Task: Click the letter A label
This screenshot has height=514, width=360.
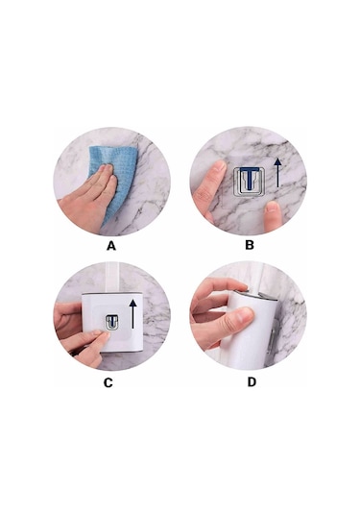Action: point(111,245)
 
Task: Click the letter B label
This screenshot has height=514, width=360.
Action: point(250,245)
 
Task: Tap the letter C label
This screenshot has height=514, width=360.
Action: point(108,382)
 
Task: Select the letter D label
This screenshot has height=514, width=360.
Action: point(251,382)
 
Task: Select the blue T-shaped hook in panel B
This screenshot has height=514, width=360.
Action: point(250,178)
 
